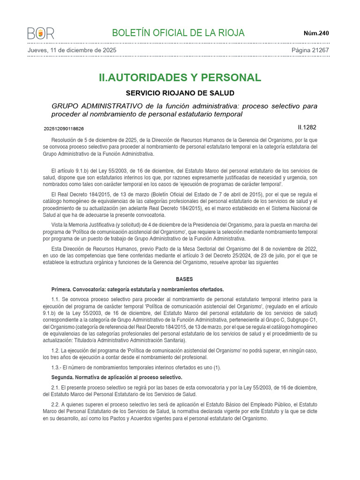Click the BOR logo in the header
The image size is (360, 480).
point(41,33)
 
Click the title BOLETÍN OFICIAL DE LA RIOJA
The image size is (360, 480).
point(178,33)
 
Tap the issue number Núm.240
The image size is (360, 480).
point(316,33)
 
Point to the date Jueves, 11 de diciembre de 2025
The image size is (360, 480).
point(72,50)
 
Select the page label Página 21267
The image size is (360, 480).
point(310,50)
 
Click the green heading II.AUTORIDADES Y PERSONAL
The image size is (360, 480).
point(180,77)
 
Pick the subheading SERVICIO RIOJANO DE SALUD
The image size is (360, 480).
point(180,93)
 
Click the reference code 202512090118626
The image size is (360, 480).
point(64,128)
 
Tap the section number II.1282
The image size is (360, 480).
point(307,127)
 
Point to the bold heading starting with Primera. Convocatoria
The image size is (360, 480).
point(137,289)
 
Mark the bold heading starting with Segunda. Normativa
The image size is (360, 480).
point(116,377)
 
